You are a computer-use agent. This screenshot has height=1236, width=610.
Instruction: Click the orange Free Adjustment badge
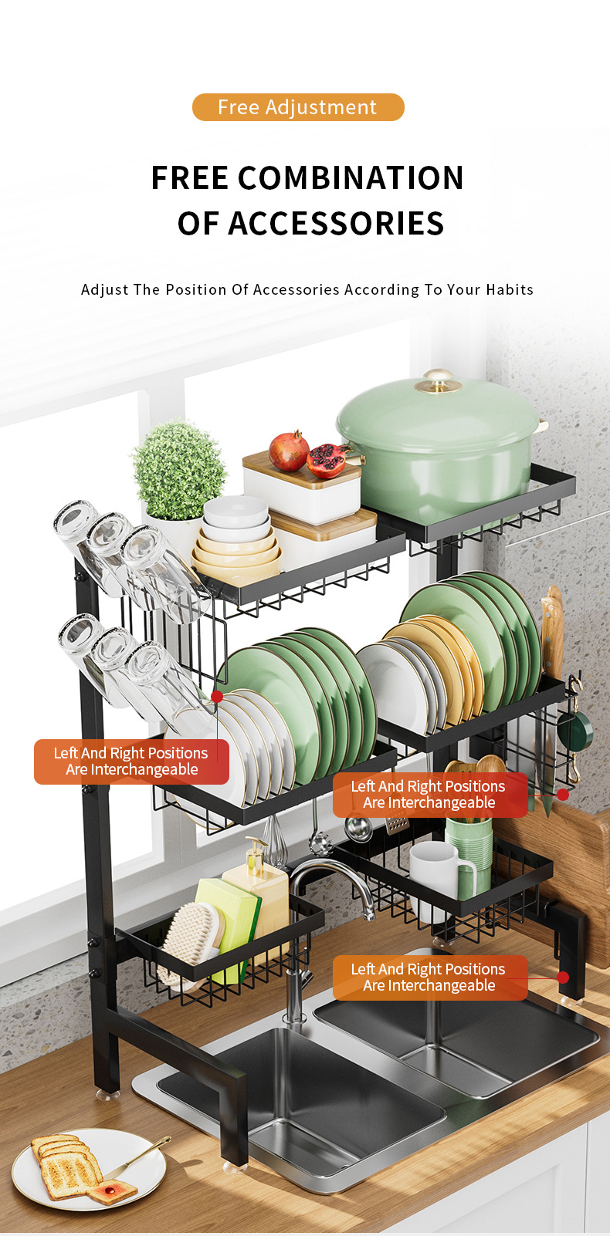tap(298, 107)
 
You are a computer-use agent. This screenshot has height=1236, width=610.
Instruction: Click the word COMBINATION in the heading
tap(351, 178)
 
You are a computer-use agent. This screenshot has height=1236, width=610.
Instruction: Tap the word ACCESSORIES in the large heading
tap(336, 224)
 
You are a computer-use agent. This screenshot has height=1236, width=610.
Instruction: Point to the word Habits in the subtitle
tap(510, 290)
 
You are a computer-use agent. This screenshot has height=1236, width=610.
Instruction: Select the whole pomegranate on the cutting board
tap(289, 451)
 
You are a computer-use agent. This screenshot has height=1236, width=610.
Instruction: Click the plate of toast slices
tap(89, 1170)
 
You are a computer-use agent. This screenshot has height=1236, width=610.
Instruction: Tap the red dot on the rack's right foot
tap(563, 977)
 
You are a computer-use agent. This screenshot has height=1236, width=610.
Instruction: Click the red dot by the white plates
tap(217, 697)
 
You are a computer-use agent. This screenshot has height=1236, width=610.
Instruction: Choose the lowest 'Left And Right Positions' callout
tap(430, 978)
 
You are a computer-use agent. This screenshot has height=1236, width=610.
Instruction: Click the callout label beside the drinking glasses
tap(131, 762)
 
